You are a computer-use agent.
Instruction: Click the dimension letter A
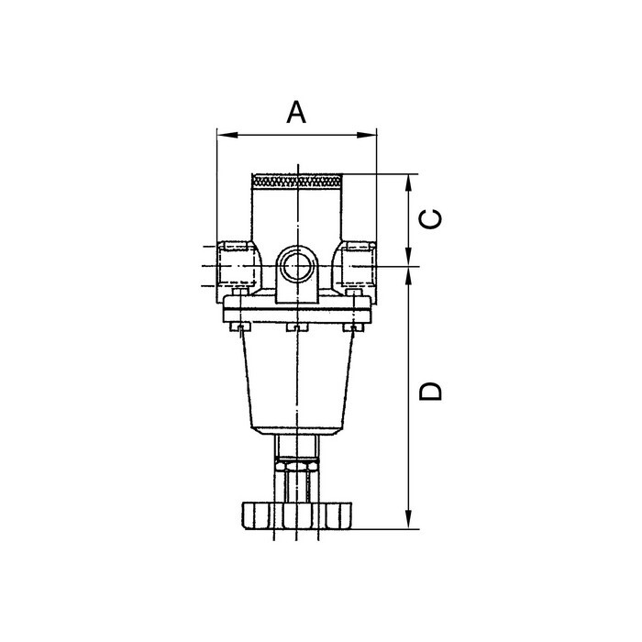click(x=295, y=112)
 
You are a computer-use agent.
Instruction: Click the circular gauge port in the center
click(x=297, y=267)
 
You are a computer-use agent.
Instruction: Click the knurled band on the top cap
click(x=297, y=182)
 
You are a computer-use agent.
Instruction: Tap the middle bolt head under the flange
click(x=296, y=327)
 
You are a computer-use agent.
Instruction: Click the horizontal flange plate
click(x=297, y=312)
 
